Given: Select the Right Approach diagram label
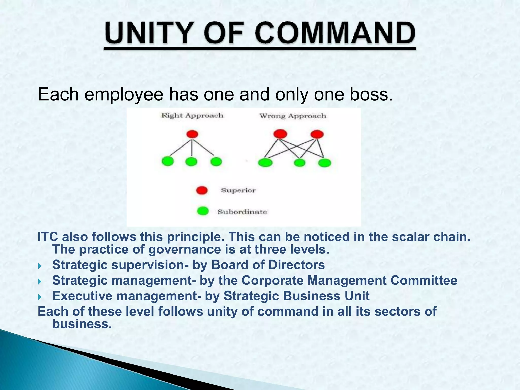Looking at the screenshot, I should (x=192, y=116).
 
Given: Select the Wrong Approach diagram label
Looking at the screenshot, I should (x=293, y=116).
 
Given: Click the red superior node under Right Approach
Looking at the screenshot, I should (x=192, y=134).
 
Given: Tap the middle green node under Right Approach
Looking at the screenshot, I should (x=191, y=161).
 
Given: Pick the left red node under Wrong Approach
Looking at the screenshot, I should (x=280, y=134).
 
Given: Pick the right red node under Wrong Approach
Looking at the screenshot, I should (x=317, y=134).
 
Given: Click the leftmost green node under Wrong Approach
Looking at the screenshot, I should (x=265, y=162).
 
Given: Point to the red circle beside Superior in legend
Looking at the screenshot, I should (x=202, y=190).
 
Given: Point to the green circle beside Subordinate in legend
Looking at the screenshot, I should (x=203, y=211).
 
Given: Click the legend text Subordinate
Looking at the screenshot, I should (x=242, y=212).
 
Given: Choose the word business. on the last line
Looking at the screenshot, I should (x=82, y=324).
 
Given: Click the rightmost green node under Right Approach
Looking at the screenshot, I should (x=216, y=161).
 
